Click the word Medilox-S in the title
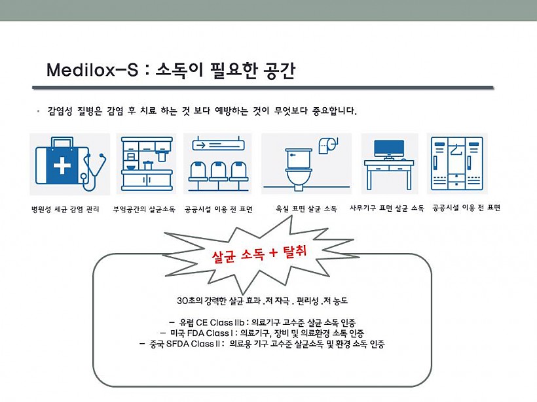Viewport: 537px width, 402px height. [92, 70]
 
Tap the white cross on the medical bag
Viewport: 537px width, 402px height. [62, 166]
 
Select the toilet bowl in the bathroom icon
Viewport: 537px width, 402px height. [299, 169]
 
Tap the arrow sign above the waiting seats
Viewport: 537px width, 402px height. [218, 145]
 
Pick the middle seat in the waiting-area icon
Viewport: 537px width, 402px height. [218, 172]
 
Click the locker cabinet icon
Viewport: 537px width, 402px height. [457, 163]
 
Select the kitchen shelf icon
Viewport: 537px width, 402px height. [147, 163]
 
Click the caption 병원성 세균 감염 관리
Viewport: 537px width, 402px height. [65, 209]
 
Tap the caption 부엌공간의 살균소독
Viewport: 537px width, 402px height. [144, 209]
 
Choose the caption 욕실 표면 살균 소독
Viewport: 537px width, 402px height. [306, 209]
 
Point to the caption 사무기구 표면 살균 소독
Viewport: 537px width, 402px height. [386, 208]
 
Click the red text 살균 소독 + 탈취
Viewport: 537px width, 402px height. [259, 254]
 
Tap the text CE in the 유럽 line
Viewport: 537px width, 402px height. [202, 322]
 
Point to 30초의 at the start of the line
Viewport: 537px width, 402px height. [190, 301]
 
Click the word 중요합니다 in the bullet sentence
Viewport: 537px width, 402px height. [334, 110]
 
